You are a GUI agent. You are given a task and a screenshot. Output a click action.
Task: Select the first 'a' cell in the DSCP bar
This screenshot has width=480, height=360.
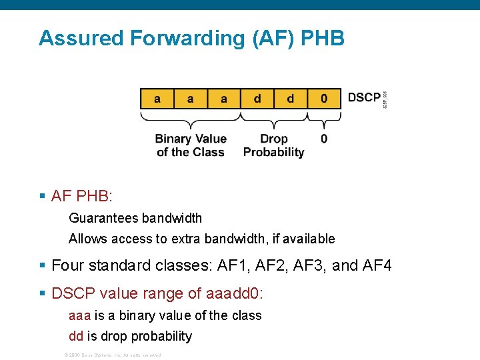click(157, 99)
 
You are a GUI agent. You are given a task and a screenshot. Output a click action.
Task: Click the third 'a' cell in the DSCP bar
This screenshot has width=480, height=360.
click(223, 99)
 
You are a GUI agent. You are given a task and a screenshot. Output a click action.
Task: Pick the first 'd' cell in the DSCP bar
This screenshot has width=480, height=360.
click(257, 99)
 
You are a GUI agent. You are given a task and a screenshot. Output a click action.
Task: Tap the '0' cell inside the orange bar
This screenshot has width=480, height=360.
click(324, 99)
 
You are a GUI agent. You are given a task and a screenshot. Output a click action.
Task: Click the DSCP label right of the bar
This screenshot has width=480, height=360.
click(364, 98)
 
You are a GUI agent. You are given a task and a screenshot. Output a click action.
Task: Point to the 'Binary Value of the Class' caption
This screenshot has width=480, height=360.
click(191, 145)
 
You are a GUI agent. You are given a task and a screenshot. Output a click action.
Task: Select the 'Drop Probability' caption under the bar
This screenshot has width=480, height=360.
click(273, 145)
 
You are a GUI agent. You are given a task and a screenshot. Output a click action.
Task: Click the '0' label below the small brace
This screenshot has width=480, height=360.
click(324, 139)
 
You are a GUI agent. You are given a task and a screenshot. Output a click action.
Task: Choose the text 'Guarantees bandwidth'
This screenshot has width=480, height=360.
click(135, 218)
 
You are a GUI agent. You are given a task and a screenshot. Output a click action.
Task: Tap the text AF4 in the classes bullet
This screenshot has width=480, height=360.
click(377, 266)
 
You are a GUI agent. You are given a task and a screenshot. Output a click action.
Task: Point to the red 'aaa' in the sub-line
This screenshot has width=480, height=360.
click(79, 315)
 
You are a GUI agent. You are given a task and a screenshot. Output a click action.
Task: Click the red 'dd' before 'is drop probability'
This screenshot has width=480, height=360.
click(76, 336)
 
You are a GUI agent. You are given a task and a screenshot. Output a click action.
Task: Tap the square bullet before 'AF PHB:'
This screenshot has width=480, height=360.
click(43, 197)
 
